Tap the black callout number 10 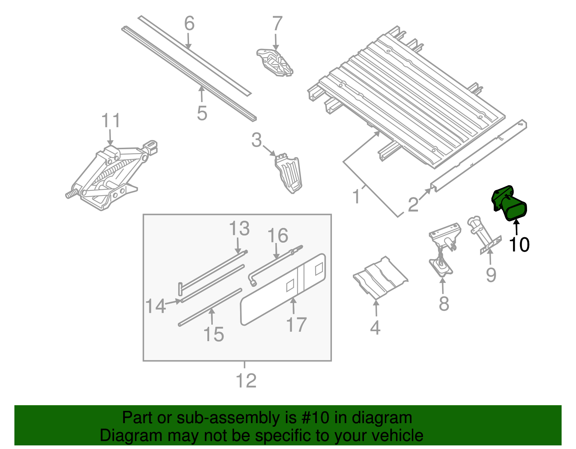pos(519,245)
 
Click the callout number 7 pos(276,24)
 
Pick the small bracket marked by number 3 pos(289,173)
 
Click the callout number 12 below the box pos(246,380)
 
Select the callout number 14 pos(156,306)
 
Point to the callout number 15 pos(214,334)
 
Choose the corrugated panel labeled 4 pos(380,279)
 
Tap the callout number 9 pos(491,275)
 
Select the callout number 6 pos(189,24)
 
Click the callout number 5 pos(202,113)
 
